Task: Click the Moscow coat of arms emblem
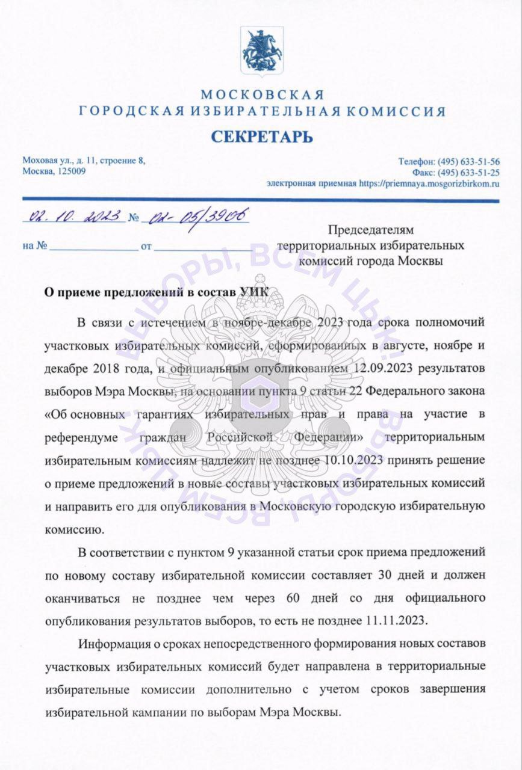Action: tap(261, 52)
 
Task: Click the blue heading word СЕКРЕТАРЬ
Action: tap(262, 137)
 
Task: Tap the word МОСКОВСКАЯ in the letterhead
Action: tap(262, 95)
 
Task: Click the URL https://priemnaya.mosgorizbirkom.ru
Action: tap(429, 183)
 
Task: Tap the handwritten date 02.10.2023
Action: tap(72, 217)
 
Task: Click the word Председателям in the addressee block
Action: tap(371, 229)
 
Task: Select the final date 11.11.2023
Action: tap(393, 619)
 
